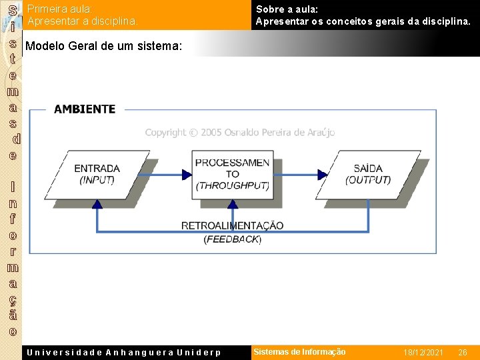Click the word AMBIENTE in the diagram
(85, 109)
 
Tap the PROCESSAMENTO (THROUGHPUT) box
(232, 175)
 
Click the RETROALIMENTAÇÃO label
(232, 225)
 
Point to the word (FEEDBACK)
(233, 239)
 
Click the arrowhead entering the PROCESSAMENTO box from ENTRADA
(187, 175)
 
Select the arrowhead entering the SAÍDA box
(323, 175)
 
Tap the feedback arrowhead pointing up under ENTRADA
(97, 204)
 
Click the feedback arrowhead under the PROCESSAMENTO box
(232, 203)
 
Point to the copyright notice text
(240, 133)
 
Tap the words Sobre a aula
(287, 9)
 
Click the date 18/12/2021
(423, 352)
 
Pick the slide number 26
(462, 352)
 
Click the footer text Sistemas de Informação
(299, 352)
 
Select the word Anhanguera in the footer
(139, 352)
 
